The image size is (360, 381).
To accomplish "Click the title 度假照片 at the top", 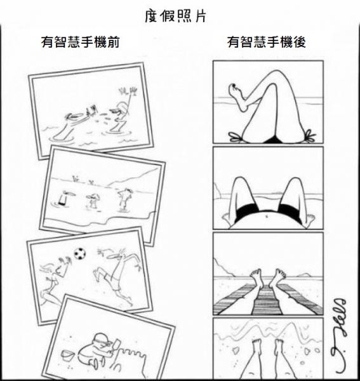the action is click(x=175, y=17).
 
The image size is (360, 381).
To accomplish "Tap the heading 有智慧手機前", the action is click(x=81, y=42).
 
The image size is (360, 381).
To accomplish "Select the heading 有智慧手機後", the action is click(x=267, y=42).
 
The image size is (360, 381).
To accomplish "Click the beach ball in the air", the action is click(x=80, y=253).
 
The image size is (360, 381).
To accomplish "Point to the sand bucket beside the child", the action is click(x=67, y=355).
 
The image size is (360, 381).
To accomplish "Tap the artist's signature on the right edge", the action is click(x=339, y=335).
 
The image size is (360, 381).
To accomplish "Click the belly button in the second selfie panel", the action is click(x=267, y=215).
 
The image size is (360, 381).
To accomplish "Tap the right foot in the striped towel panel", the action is click(x=277, y=276).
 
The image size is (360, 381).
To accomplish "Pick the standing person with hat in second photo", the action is click(x=125, y=199).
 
